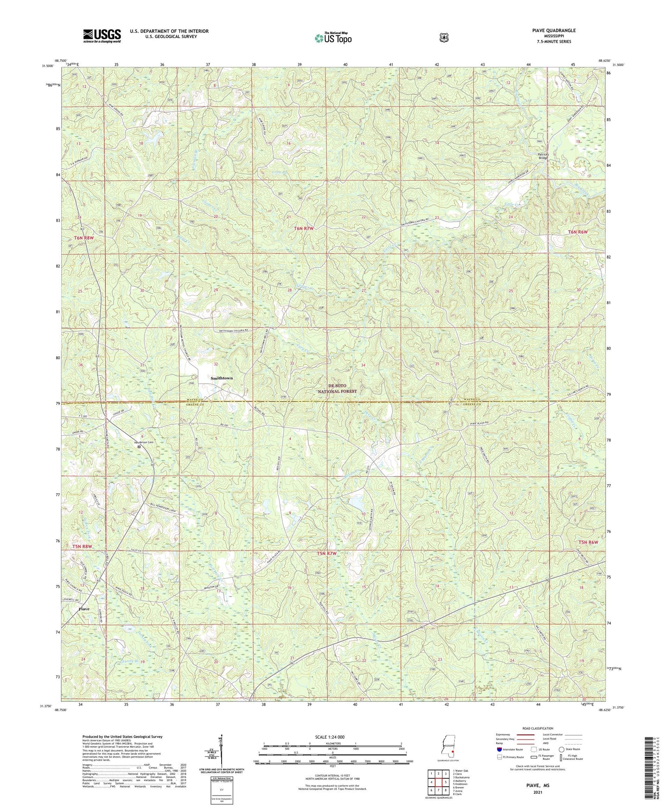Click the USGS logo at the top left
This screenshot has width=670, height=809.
coord(102,36)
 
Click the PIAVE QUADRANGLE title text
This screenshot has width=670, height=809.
coord(554,31)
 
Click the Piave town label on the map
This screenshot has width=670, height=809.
coord(84,608)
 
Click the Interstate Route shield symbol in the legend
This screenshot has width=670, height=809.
coord(499,762)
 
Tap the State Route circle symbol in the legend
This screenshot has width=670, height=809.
coord(562,762)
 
